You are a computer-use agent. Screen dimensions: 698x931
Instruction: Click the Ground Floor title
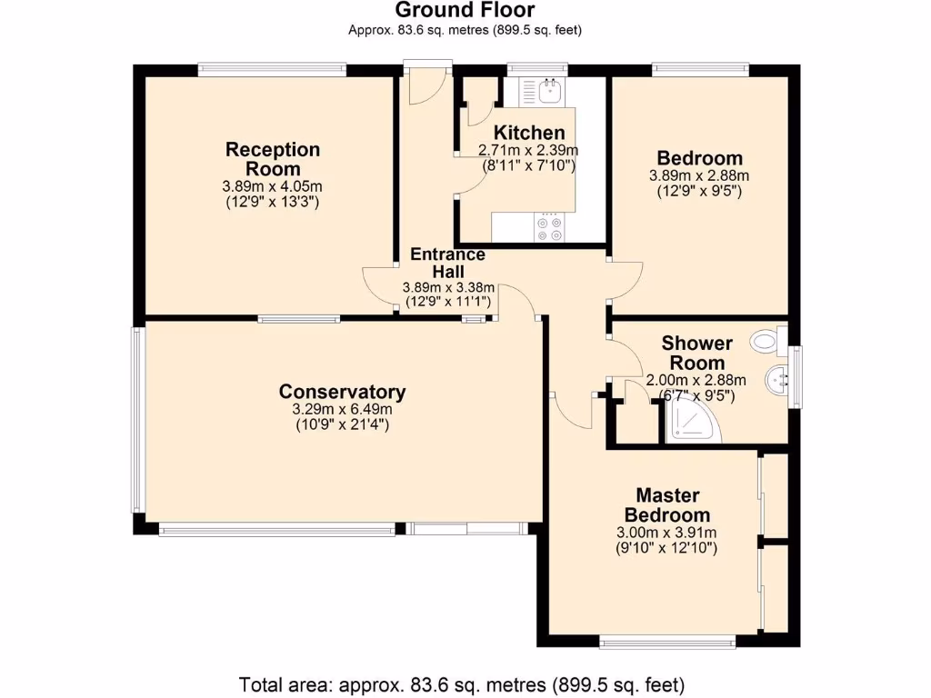pyautogui.click(x=465, y=11)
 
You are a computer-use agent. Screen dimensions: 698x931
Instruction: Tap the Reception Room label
pyautogui.click(x=273, y=159)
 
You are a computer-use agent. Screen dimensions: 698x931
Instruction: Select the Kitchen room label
pyautogui.click(x=528, y=133)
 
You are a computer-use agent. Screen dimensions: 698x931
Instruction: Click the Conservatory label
pyautogui.click(x=342, y=392)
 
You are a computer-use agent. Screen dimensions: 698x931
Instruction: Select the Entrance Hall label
pyautogui.click(x=447, y=263)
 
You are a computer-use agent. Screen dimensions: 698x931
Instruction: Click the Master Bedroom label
pyautogui.click(x=667, y=505)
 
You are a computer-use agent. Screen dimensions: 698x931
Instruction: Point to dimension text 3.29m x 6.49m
pyautogui.click(x=342, y=410)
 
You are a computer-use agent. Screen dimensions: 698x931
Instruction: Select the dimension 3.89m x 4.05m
pyautogui.click(x=273, y=186)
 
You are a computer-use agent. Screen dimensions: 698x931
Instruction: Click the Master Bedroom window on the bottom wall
pyautogui.click(x=667, y=643)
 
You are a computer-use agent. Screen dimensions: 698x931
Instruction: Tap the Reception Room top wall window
pyautogui.click(x=272, y=68)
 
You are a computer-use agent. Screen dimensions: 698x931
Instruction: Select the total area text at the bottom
pyautogui.click(x=461, y=683)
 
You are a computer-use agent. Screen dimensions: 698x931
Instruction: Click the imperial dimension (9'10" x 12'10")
pyautogui.click(x=667, y=548)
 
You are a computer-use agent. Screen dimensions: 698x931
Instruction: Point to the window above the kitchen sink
pyautogui.click(x=537, y=68)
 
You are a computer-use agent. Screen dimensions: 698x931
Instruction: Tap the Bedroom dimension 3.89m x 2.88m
pyautogui.click(x=699, y=175)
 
